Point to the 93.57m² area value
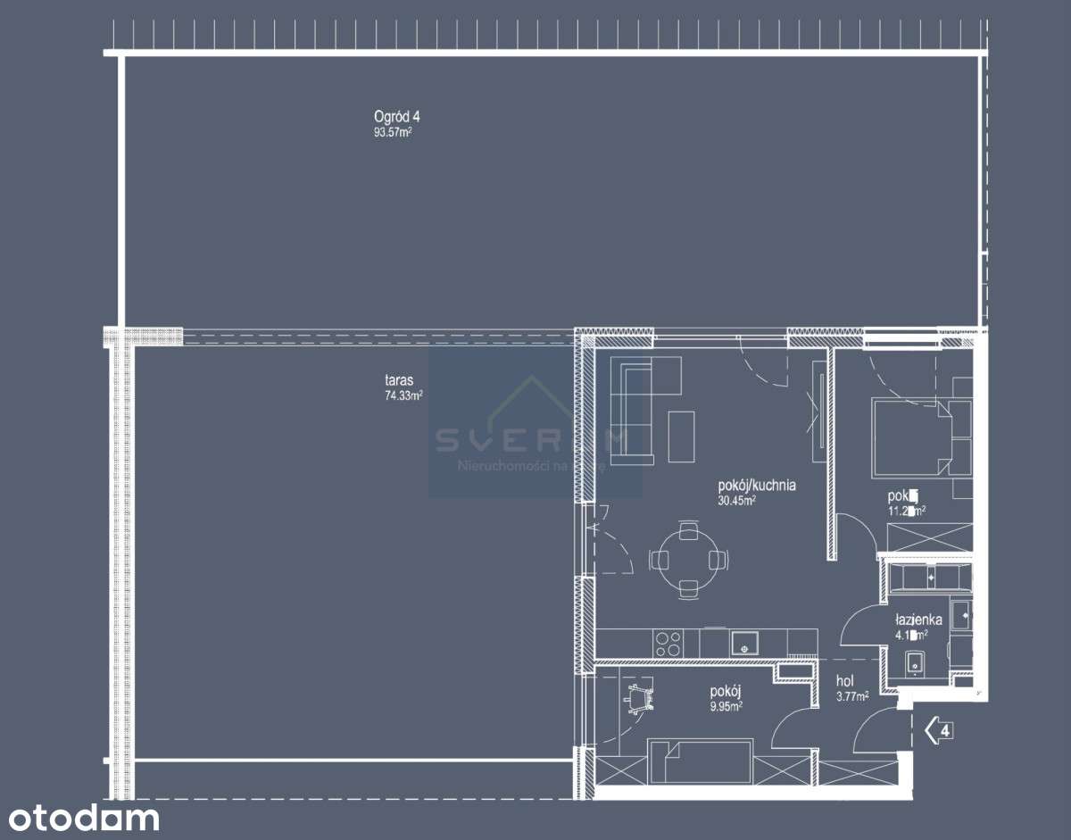click(x=392, y=132)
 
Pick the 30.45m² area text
click(x=737, y=502)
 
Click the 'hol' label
click(x=843, y=681)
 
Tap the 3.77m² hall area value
click(x=851, y=698)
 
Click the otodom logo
click(x=79, y=818)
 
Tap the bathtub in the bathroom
click(x=927, y=578)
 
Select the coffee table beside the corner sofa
click(x=682, y=436)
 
